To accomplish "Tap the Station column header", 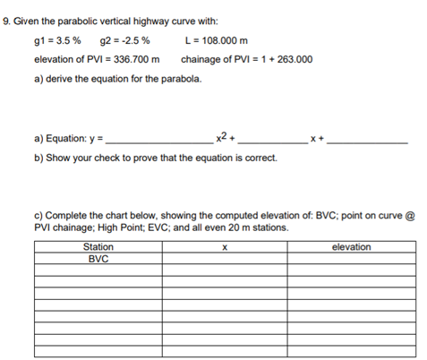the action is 98,246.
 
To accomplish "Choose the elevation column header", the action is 351,246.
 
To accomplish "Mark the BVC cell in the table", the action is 98,258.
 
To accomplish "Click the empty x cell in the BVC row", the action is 225,258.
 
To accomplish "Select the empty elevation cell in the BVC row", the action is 351,258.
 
